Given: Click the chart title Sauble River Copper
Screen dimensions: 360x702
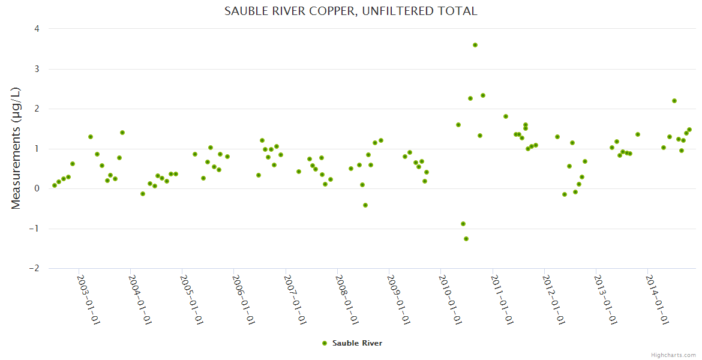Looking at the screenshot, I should coord(350,11).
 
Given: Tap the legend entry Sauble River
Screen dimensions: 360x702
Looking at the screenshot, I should coord(357,343).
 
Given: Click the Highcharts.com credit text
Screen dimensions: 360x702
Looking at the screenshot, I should coord(673,355).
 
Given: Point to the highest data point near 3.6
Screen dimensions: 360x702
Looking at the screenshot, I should coord(475,45).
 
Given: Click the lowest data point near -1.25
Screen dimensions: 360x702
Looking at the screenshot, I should coord(466,239).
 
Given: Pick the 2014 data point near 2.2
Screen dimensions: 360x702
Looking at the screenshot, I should coord(674,101).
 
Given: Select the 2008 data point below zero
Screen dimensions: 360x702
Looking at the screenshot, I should coord(365,205).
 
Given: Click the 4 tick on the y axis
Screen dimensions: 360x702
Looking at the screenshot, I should coord(37,29).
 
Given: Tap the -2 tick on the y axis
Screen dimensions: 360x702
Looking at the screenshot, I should coord(35,268).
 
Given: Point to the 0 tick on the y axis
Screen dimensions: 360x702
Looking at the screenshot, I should coord(37,188).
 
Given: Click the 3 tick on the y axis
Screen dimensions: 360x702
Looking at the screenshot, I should coord(37,69).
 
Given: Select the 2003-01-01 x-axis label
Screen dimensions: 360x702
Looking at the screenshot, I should coord(88,299).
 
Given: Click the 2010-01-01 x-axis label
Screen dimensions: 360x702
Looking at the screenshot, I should coord(449,299).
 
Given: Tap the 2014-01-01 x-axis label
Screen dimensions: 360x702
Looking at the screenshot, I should coord(656,299).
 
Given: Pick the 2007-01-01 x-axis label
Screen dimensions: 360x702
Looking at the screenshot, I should coord(295,299).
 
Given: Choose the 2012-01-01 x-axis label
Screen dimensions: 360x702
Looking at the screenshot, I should coord(553,299).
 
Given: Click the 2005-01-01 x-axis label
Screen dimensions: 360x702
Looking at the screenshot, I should coord(191,299).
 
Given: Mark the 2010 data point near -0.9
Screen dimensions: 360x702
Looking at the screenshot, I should coord(463,224).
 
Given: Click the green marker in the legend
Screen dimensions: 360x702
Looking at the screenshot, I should coord(325,343).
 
